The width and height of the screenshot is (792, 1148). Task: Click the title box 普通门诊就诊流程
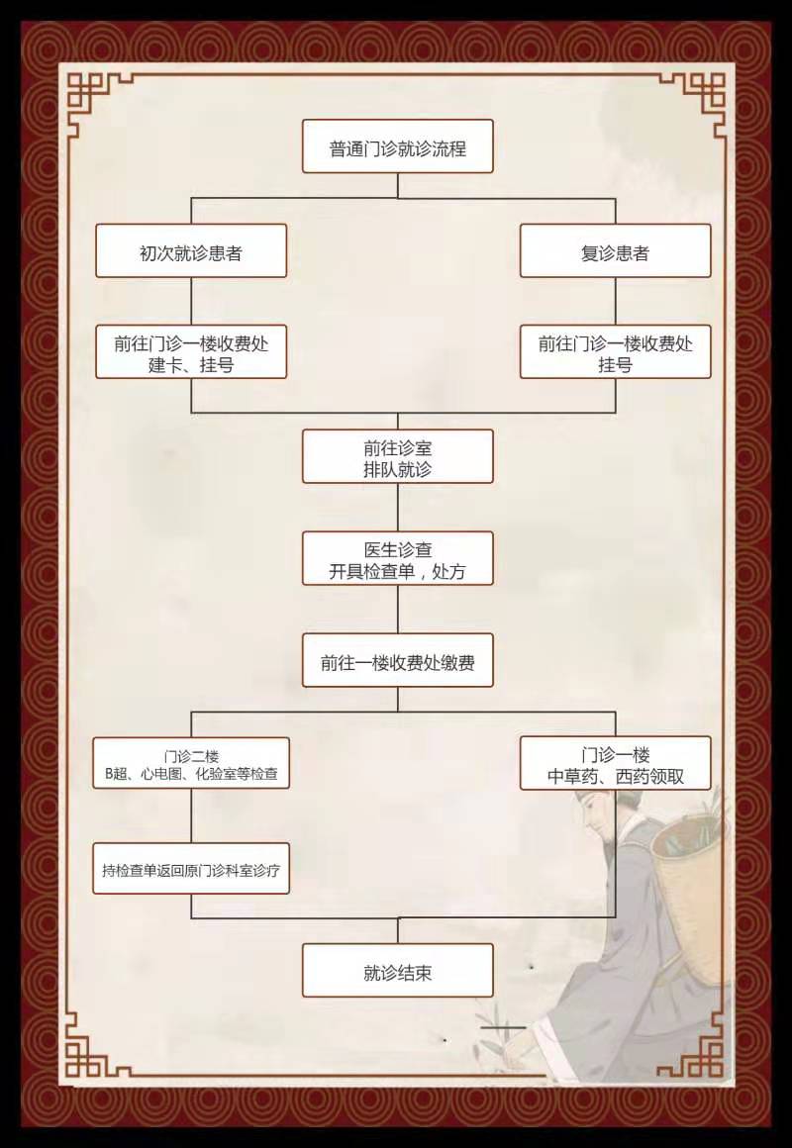398,146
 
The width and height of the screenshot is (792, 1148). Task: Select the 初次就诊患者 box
191,250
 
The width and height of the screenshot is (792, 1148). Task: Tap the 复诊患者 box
616,250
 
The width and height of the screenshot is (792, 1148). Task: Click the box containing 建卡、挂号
191,351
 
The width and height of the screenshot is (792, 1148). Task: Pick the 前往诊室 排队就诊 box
398,456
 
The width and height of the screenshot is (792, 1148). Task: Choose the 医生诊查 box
398,558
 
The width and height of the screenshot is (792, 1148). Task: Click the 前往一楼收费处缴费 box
398,660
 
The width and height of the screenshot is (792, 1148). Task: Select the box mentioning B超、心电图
191,763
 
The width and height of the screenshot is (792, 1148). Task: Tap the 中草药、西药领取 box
616,763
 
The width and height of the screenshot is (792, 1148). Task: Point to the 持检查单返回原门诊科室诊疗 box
191,868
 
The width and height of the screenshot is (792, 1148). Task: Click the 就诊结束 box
398,970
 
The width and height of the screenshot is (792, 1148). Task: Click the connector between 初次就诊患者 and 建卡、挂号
191,301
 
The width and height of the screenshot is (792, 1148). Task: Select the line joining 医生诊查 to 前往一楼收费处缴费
398,610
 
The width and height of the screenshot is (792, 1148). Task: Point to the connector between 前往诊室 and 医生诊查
398,508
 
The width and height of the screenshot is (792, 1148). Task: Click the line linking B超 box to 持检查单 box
191,815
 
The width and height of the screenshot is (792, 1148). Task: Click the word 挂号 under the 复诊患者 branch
616,364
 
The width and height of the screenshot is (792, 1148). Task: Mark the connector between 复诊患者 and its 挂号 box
616,301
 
